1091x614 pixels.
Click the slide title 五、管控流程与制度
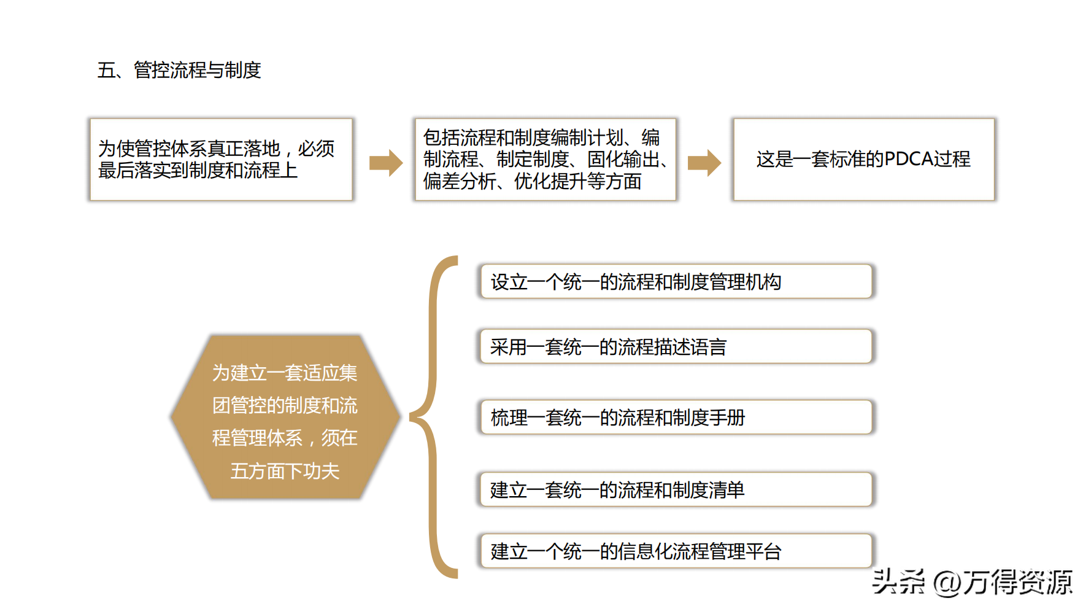click(179, 70)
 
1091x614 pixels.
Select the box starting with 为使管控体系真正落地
click(221, 159)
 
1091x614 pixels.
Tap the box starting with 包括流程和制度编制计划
click(545, 159)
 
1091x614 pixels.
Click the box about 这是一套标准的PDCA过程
click(863, 159)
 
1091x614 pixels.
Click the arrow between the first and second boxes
click(386, 163)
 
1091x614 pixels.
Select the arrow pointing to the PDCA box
click(704, 163)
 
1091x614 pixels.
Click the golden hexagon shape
click(285, 417)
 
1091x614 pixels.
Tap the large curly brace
click(434, 417)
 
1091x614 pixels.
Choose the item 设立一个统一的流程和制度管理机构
click(675, 282)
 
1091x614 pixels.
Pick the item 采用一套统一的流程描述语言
click(675, 347)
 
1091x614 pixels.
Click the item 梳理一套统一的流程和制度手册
click(675, 418)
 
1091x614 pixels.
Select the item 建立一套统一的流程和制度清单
click(675, 489)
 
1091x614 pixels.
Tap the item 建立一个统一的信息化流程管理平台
click(675, 551)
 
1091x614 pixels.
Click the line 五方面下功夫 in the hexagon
click(285, 471)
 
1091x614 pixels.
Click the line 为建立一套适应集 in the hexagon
click(285, 373)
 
